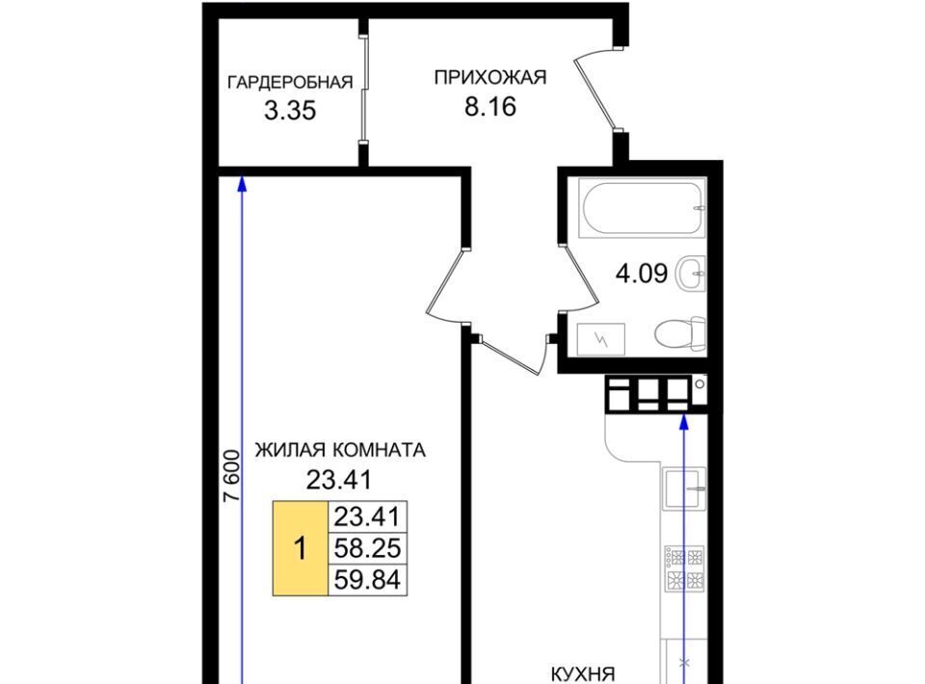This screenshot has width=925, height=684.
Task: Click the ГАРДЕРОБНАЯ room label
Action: pos(290,82)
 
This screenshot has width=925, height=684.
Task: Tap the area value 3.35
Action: pos(290,110)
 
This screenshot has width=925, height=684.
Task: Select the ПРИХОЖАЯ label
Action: pos(490,77)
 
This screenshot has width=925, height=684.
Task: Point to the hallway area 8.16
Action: pos(490,107)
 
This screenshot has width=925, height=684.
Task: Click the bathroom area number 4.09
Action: pos(642,274)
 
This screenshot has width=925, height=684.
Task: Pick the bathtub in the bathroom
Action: pos(643,207)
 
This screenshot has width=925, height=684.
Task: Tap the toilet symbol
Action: pos(680,334)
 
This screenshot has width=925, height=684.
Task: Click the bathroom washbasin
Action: pos(691,274)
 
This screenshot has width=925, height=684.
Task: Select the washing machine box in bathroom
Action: pos(601,340)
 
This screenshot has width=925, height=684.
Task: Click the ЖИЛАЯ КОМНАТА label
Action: pos(340,451)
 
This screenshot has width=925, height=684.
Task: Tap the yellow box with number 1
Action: pos(301,548)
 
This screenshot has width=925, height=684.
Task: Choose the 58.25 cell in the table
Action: pos(367,548)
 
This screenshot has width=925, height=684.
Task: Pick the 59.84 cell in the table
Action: pos(367,580)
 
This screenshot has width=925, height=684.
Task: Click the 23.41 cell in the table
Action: pos(367,517)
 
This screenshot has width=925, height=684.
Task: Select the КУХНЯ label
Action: pos(583,674)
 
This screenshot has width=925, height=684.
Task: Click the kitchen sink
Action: pos(685,488)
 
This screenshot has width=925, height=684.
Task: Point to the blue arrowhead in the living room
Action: pos(241,184)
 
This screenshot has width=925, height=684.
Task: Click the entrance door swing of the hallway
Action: pos(595,92)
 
